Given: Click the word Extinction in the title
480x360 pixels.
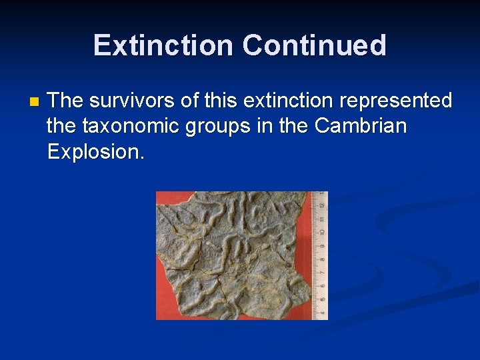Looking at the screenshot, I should tap(164, 45).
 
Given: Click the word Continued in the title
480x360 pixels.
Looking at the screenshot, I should tap(314, 45).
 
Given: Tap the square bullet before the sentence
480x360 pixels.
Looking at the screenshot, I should tap(35, 103).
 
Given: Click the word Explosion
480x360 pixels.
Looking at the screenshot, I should tap(95, 151).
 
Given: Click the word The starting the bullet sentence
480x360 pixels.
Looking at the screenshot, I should tap(65, 101).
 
